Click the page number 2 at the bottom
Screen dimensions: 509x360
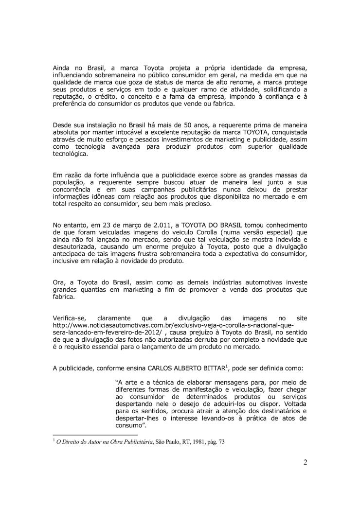305,462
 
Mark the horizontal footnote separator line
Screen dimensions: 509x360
95,434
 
